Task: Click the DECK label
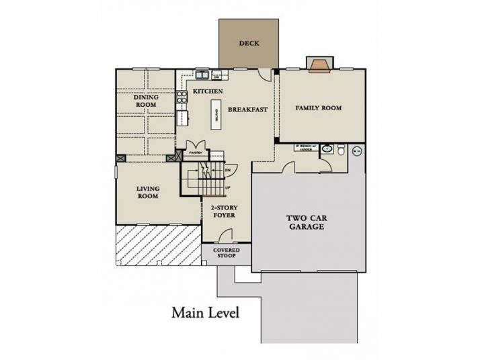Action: point(249,44)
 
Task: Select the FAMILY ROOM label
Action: point(319,107)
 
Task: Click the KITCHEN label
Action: point(208,91)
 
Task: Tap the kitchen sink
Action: point(202,74)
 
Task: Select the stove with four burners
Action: point(180,101)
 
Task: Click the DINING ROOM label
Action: point(146,101)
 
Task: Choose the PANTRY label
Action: point(196,152)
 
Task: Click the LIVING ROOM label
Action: point(148,192)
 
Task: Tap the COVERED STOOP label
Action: point(227,253)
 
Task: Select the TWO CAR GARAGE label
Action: point(306,222)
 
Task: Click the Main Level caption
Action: point(205,312)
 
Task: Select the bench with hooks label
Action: point(296,146)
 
